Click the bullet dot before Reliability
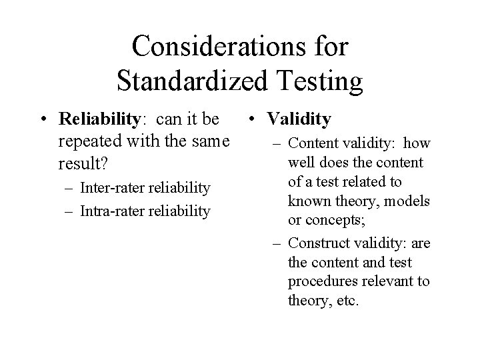[43, 120]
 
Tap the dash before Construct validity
[275, 243]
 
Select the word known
[308, 201]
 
